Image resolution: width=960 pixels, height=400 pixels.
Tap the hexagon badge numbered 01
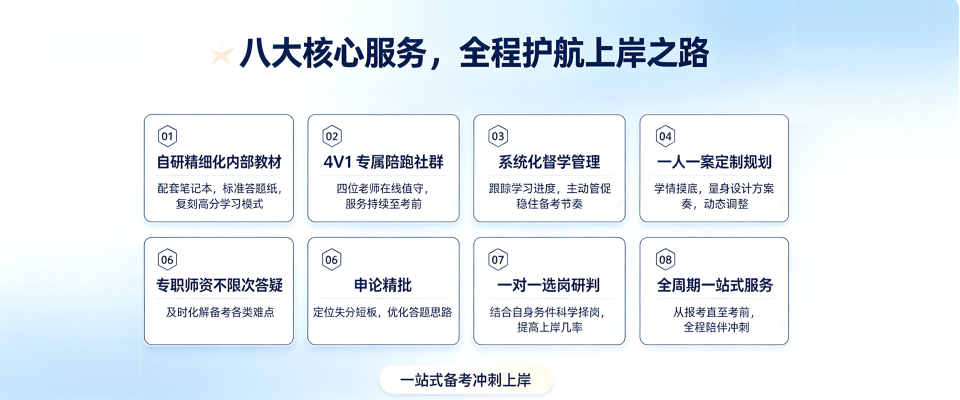coord(167,136)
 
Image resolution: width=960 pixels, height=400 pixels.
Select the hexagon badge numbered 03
coord(498,136)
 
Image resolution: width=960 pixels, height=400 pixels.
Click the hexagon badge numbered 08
coord(665,259)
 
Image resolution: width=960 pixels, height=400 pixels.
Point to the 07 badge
coord(498,259)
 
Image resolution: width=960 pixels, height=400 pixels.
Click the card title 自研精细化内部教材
coord(219,162)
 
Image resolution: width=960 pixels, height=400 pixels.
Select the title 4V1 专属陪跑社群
coord(383,162)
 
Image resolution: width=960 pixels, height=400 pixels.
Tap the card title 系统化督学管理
coord(549,162)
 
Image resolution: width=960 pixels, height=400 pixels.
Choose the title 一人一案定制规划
coord(714,162)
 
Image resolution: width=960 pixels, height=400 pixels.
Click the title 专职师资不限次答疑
coord(219,285)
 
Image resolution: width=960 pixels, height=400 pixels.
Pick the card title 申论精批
coord(383,285)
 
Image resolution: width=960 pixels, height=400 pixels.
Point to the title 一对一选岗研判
coord(548,285)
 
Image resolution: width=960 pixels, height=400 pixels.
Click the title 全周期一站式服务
coord(715,285)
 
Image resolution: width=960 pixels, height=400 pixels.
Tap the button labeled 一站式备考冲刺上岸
coord(466,380)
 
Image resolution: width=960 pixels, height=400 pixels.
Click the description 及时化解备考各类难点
coord(220,312)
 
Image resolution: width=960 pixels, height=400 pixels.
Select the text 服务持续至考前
coord(383,203)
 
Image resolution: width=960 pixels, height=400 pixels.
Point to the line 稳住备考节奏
coord(549,203)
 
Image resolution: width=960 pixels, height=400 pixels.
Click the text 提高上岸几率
coord(549,327)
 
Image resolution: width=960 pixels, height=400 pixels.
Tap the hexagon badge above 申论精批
coord(331,259)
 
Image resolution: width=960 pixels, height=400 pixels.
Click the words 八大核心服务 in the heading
coord(333,53)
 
